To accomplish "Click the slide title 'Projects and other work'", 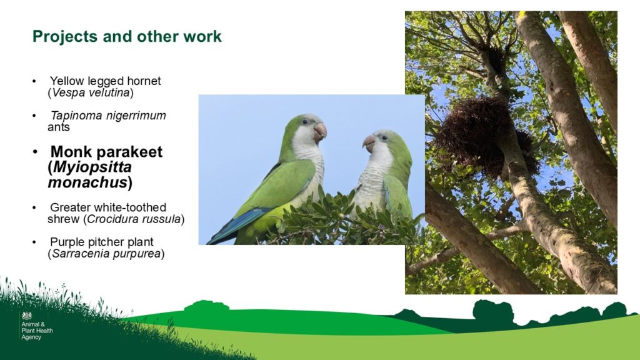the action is pos(127,36).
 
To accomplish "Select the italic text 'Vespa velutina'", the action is pos(91,92).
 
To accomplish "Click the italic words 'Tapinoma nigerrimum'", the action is pos(108,116).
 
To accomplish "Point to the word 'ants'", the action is pos(58,127).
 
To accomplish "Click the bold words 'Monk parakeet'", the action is pos(106,152).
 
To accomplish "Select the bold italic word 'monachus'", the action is pos(87,182).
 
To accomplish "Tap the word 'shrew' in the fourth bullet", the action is pos(63,219).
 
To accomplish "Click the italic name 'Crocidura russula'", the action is pos(134,219).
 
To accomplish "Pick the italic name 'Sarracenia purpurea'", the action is pos(106,254).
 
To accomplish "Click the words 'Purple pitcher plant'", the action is pos(102,242).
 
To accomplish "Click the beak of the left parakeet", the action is pos(320,131).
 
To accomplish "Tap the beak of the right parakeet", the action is pos(369,143).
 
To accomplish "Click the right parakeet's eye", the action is pos(384,138).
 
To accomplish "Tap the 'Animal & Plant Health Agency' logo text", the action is pos(37,331).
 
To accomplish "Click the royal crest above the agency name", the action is pos(26,316).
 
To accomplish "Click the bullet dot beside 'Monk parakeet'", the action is pos(35,152).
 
